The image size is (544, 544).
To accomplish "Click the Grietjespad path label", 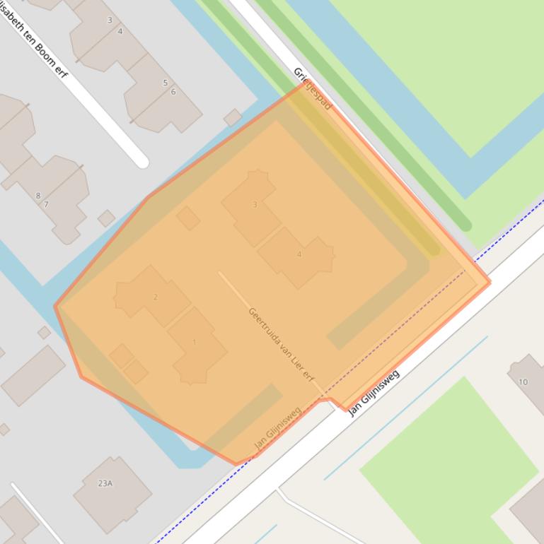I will click(312, 89).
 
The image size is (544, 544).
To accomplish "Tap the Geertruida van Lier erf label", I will click(281, 344).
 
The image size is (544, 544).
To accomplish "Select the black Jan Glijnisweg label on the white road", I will click(374, 393).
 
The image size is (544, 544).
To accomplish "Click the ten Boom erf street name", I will click(33, 39).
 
